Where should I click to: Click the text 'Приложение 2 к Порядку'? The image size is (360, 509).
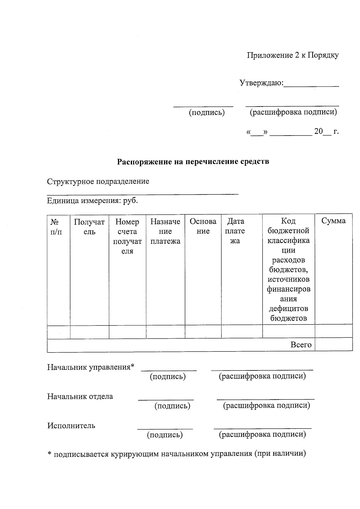[292, 55]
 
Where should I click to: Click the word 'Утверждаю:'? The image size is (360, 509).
[261, 82]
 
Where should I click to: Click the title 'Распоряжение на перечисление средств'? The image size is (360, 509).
[193, 162]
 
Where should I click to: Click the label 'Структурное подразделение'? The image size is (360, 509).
[98, 181]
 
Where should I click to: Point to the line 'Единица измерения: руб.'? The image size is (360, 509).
[92, 201]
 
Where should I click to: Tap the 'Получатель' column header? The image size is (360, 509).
[89, 227]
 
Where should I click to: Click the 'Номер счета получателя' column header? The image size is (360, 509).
[127, 236]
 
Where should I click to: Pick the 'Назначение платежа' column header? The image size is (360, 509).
[165, 231]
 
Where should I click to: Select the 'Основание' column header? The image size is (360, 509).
[203, 226]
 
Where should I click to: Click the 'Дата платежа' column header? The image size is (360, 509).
[235, 231]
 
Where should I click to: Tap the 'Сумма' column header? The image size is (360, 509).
[333, 221]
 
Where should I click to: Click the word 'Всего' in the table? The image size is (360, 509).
[301, 345]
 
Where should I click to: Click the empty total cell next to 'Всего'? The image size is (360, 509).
[334, 345]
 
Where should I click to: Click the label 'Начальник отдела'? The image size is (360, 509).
[80, 397]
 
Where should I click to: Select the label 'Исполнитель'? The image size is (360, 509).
[71, 426]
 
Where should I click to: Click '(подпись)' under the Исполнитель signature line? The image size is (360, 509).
[165, 435]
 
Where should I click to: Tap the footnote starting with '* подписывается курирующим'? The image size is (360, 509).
[177, 454]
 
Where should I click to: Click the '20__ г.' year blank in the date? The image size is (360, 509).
[326, 132]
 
